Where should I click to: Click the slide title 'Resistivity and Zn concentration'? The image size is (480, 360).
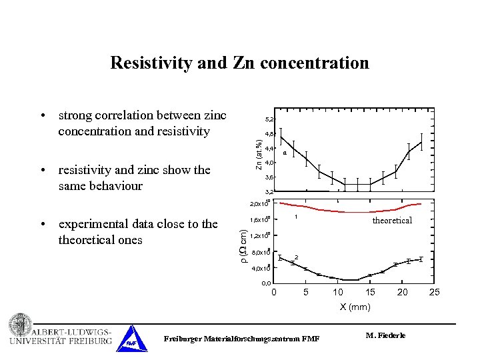click(x=239, y=63)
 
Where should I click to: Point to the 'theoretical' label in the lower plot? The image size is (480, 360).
click(x=392, y=220)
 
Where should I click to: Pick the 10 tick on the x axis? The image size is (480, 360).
click(x=338, y=292)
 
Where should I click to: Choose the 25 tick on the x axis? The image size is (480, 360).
click(x=435, y=292)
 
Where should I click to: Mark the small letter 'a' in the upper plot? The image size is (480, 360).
click(x=285, y=153)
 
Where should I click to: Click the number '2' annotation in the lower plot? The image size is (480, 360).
click(x=296, y=257)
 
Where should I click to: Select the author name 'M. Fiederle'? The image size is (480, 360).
click(x=385, y=335)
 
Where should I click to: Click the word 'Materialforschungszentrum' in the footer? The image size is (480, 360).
click(x=243, y=339)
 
